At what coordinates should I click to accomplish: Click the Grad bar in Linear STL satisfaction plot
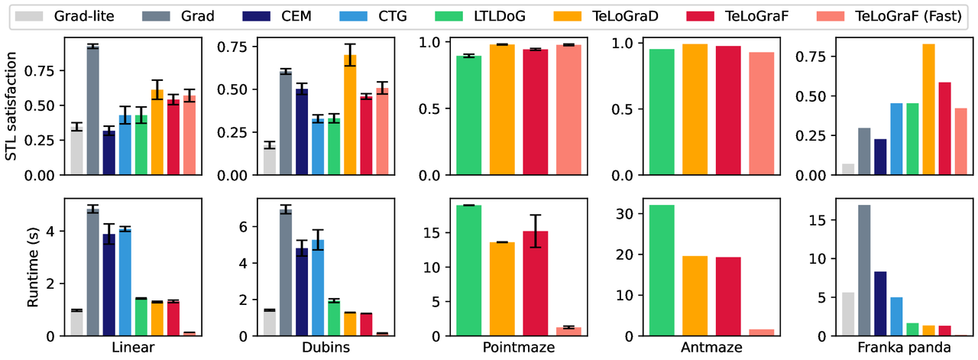(93, 111)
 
